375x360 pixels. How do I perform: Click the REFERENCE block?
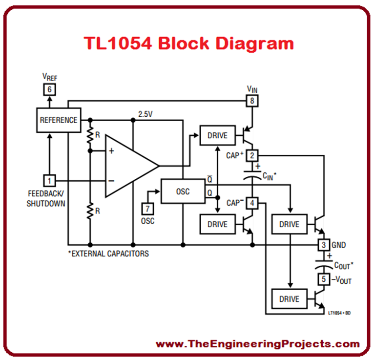58,120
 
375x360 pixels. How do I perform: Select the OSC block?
183,191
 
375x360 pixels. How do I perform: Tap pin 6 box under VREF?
48,89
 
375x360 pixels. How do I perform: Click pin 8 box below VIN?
251,101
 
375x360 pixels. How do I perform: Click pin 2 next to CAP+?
251,156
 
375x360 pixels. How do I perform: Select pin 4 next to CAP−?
251,202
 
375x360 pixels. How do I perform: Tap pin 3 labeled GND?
323,245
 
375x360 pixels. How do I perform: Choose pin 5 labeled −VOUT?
323,279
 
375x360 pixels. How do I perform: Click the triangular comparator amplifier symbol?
128,166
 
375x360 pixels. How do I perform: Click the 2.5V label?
146,114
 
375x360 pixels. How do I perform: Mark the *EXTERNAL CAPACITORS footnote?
108,254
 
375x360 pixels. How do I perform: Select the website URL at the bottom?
257,344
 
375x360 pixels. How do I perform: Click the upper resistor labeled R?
90,136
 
